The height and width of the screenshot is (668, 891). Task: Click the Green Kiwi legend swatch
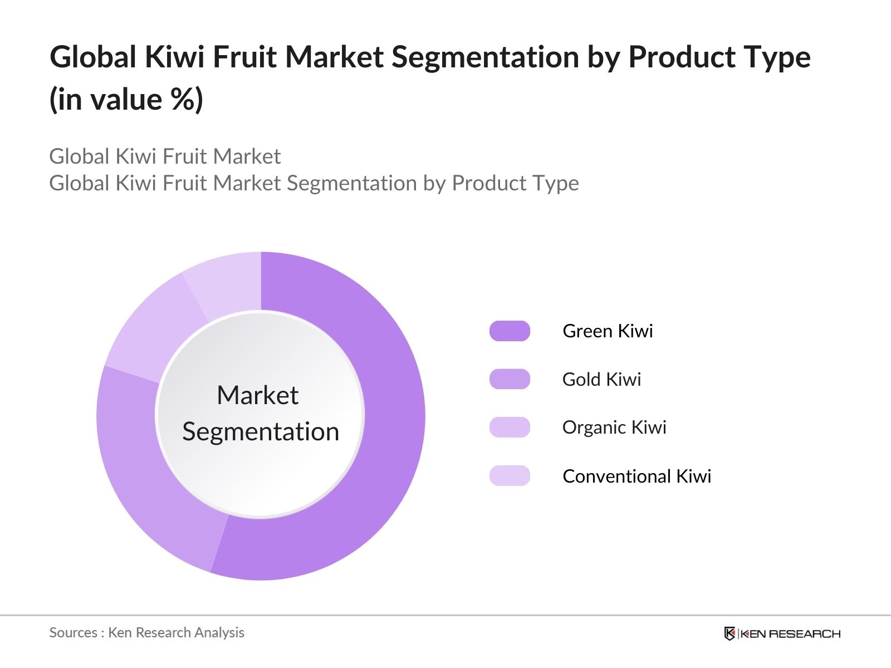pyautogui.click(x=510, y=331)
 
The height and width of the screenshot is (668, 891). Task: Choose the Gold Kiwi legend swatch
pyautogui.click(x=510, y=379)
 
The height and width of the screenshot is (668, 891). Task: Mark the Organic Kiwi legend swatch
pyautogui.click(x=510, y=427)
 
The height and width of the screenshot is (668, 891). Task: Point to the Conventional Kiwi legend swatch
pyautogui.click(x=510, y=476)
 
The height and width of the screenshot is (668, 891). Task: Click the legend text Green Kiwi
pyautogui.click(x=608, y=331)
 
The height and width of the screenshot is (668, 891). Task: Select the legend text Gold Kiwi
pyautogui.click(x=601, y=379)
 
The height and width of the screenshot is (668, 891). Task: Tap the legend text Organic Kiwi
pyautogui.click(x=614, y=427)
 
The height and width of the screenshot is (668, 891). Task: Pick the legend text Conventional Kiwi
pyautogui.click(x=637, y=476)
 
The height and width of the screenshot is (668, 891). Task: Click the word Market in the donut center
pyautogui.click(x=258, y=395)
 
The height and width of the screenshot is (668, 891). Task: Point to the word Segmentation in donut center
pyautogui.click(x=261, y=431)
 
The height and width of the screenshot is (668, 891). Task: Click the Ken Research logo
pyautogui.click(x=782, y=633)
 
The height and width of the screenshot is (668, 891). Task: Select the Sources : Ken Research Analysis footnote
pyautogui.click(x=146, y=632)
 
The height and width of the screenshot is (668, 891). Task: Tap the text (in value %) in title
pyautogui.click(x=126, y=100)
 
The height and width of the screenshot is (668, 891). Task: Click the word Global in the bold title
pyautogui.click(x=93, y=57)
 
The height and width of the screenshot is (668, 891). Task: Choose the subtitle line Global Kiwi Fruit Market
pyautogui.click(x=165, y=156)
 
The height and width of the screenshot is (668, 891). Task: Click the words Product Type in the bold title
pyautogui.click(x=719, y=57)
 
